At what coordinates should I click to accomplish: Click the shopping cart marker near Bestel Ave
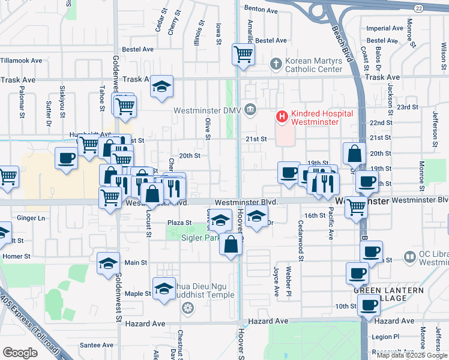[244, 54]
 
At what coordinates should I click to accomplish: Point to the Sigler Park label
[200, 237]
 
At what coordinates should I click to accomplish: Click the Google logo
[20, 352]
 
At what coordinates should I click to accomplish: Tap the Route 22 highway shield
[418, 8]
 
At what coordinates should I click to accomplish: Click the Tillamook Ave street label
[21, 61]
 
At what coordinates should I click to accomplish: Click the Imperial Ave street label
[385, 28]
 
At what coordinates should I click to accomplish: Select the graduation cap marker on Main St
[109, 263]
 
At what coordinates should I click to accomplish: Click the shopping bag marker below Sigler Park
[231, 244]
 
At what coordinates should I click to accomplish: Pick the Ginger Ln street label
[31, 218]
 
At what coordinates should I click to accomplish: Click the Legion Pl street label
[385, 337]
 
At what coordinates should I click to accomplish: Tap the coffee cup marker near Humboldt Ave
[66, 158]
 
